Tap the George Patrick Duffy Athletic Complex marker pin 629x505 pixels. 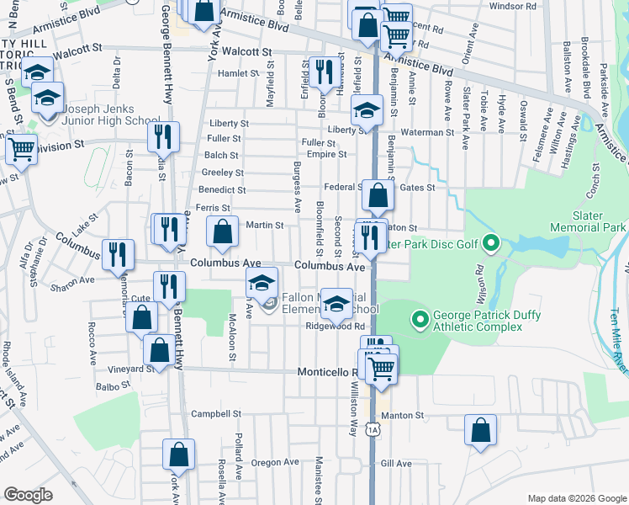click(419, 319)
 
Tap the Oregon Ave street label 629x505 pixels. click(275, 462)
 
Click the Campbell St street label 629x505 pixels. click(216, 414)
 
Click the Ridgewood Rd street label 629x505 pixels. click(335, 326)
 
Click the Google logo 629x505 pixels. click(28, 495)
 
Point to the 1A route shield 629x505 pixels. click(373, 430)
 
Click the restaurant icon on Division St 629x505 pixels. click(163, 136)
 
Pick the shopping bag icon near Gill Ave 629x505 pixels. click(479, 429)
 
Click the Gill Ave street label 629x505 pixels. click(396, 464)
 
